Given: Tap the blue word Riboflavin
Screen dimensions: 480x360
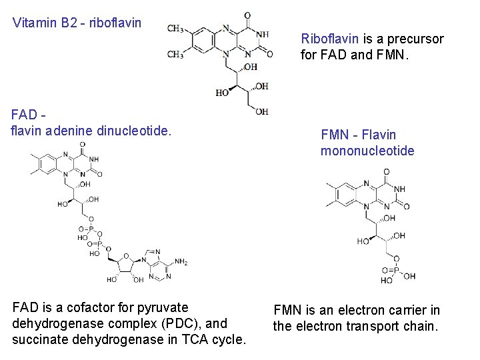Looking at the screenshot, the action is click(330, 39).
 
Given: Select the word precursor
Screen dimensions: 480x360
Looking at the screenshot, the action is click(415, 39).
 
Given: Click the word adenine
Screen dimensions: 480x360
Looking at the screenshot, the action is click(69, 131).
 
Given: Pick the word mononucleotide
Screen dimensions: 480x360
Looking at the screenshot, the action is click(367, 151).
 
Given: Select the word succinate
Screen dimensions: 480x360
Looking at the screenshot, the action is click(39, 339).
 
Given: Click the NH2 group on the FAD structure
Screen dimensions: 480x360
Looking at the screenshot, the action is click(181, 262).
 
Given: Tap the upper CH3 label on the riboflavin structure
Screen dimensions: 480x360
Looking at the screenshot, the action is click(175, 29).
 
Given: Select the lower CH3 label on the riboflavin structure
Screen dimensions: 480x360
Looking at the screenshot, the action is click(175, 53).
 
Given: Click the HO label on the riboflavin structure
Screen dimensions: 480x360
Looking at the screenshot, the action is click(222, 93).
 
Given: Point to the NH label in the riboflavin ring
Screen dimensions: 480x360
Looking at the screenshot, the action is click(263, 35).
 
